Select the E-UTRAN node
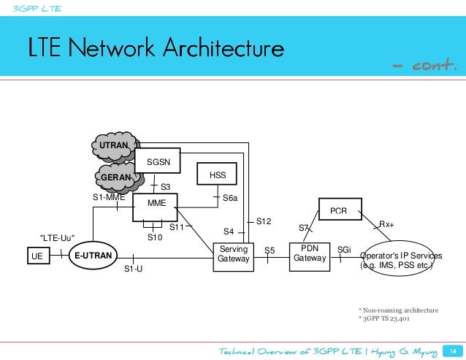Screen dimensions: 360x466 click(93, 256)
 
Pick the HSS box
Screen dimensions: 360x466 click(218, 176)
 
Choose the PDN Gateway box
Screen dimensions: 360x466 click(310, 253)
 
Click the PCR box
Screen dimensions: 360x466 click(338, 211)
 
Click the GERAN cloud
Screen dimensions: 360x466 click(115, 177)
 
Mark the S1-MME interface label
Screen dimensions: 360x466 click(109, 197)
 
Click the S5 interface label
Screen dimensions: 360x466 click(269, 250)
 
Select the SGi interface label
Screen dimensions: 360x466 click(344, 250)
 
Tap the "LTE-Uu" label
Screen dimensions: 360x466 click(57, 237)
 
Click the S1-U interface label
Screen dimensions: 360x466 click(132, 269)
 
